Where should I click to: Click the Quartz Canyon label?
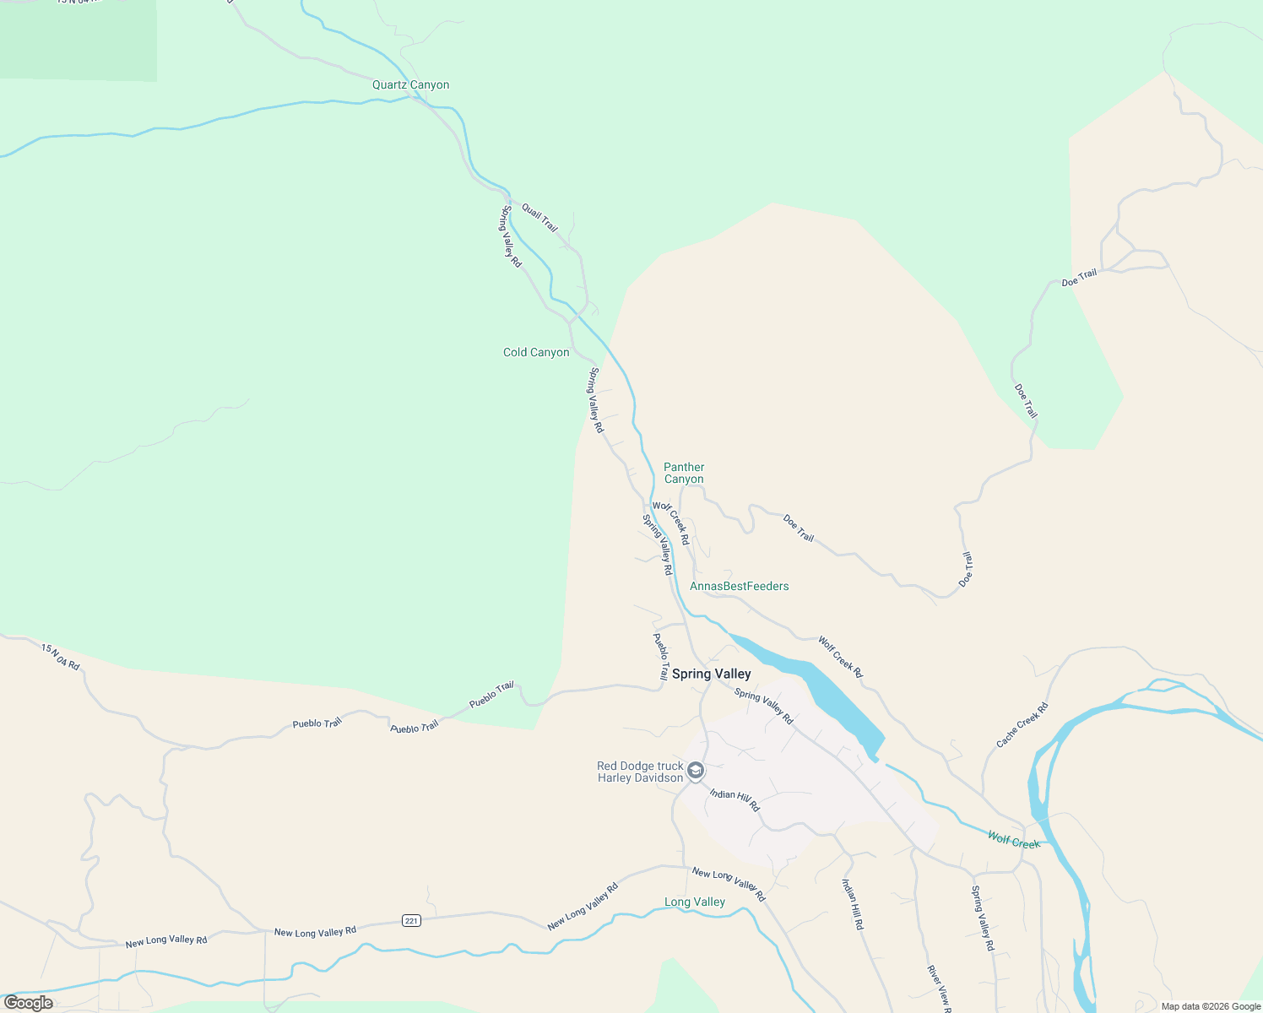[411, 85]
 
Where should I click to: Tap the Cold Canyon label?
[536, 353]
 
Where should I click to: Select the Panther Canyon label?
[684, 473]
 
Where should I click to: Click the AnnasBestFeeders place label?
[740, 587]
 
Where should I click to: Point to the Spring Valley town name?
[711, 674]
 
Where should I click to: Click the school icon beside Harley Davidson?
[696, 771]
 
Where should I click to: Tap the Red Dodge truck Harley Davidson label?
[640, 772]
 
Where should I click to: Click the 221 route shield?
[411, 920]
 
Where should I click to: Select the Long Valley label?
[695, 902]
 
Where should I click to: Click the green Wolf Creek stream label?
[1014, 840]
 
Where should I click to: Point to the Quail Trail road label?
[539, 217]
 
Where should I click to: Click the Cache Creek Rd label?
[1022, 725]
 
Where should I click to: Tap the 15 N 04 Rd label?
[61, 657]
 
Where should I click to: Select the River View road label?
[939, 988]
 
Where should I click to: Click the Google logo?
[29, 1003]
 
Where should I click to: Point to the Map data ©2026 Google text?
[1211, 1006]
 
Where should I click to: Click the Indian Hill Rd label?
[853, 904]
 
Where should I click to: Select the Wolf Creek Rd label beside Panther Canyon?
[672, 523]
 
